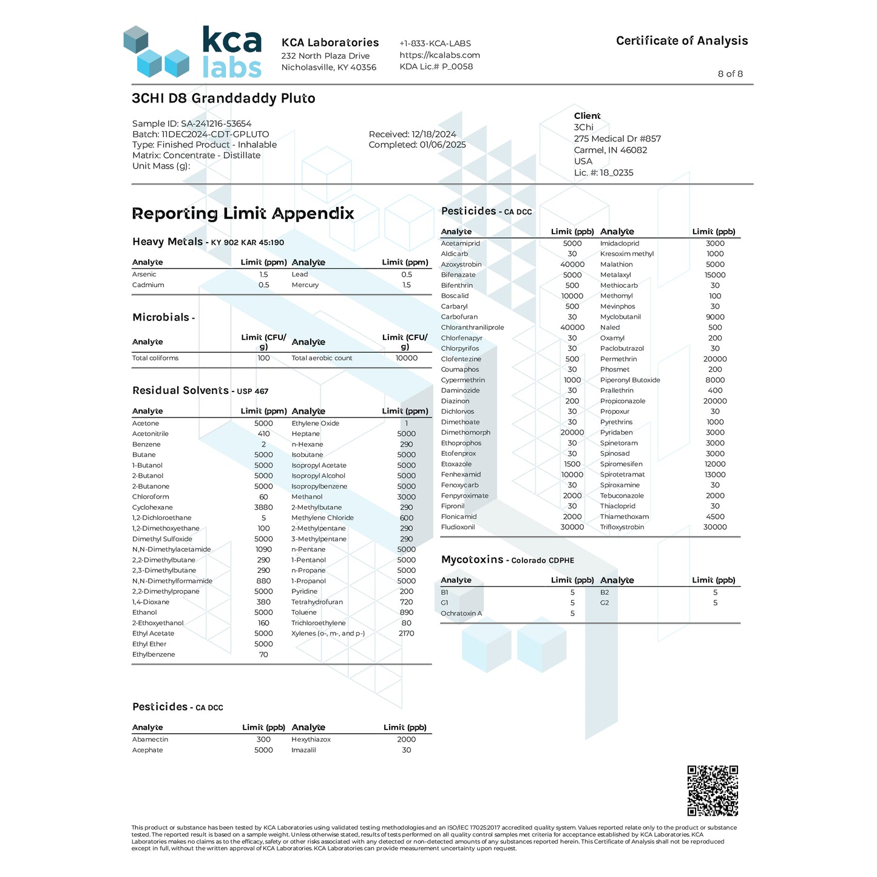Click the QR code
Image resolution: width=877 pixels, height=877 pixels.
click(x=713, y=790)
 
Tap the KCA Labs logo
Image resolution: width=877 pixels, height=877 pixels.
click(x=192, y=52)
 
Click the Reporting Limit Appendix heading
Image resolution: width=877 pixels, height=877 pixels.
click(x=243, y=214)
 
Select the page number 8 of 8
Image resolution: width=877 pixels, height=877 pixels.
click(x=730, y=74)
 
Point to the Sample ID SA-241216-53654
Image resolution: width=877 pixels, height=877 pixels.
click(x=192, y=124)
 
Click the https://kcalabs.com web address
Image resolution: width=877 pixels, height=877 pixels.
click(x=439, y=55)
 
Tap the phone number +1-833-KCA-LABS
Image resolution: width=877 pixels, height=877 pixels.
click(x=435, y=44)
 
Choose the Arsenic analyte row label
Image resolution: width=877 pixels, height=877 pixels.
click(x=144, y=274)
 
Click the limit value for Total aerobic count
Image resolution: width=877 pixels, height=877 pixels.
click(x=406, y=358)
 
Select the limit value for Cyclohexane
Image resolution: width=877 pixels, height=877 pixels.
click(x=263, y=507)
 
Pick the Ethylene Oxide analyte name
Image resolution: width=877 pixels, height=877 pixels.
click(x=315, y=424)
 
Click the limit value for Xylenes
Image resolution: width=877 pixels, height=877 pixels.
click(x=406, y=634)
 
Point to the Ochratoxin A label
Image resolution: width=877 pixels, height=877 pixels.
click(x=461, y=614)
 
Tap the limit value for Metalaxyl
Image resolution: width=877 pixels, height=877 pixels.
click(x=714, y=275)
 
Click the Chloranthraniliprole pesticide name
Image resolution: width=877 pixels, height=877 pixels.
click(x=472, y=328)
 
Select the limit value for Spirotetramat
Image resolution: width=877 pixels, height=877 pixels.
click(x=714, y=475)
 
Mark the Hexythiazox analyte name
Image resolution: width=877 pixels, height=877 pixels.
click(x=311, y=740)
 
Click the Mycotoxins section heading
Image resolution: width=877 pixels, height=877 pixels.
click(x=472, y=560)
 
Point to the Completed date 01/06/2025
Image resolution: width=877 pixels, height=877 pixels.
click(x=417, y=145)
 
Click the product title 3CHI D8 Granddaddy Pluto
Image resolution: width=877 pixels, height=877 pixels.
click(x=223, y=98)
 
